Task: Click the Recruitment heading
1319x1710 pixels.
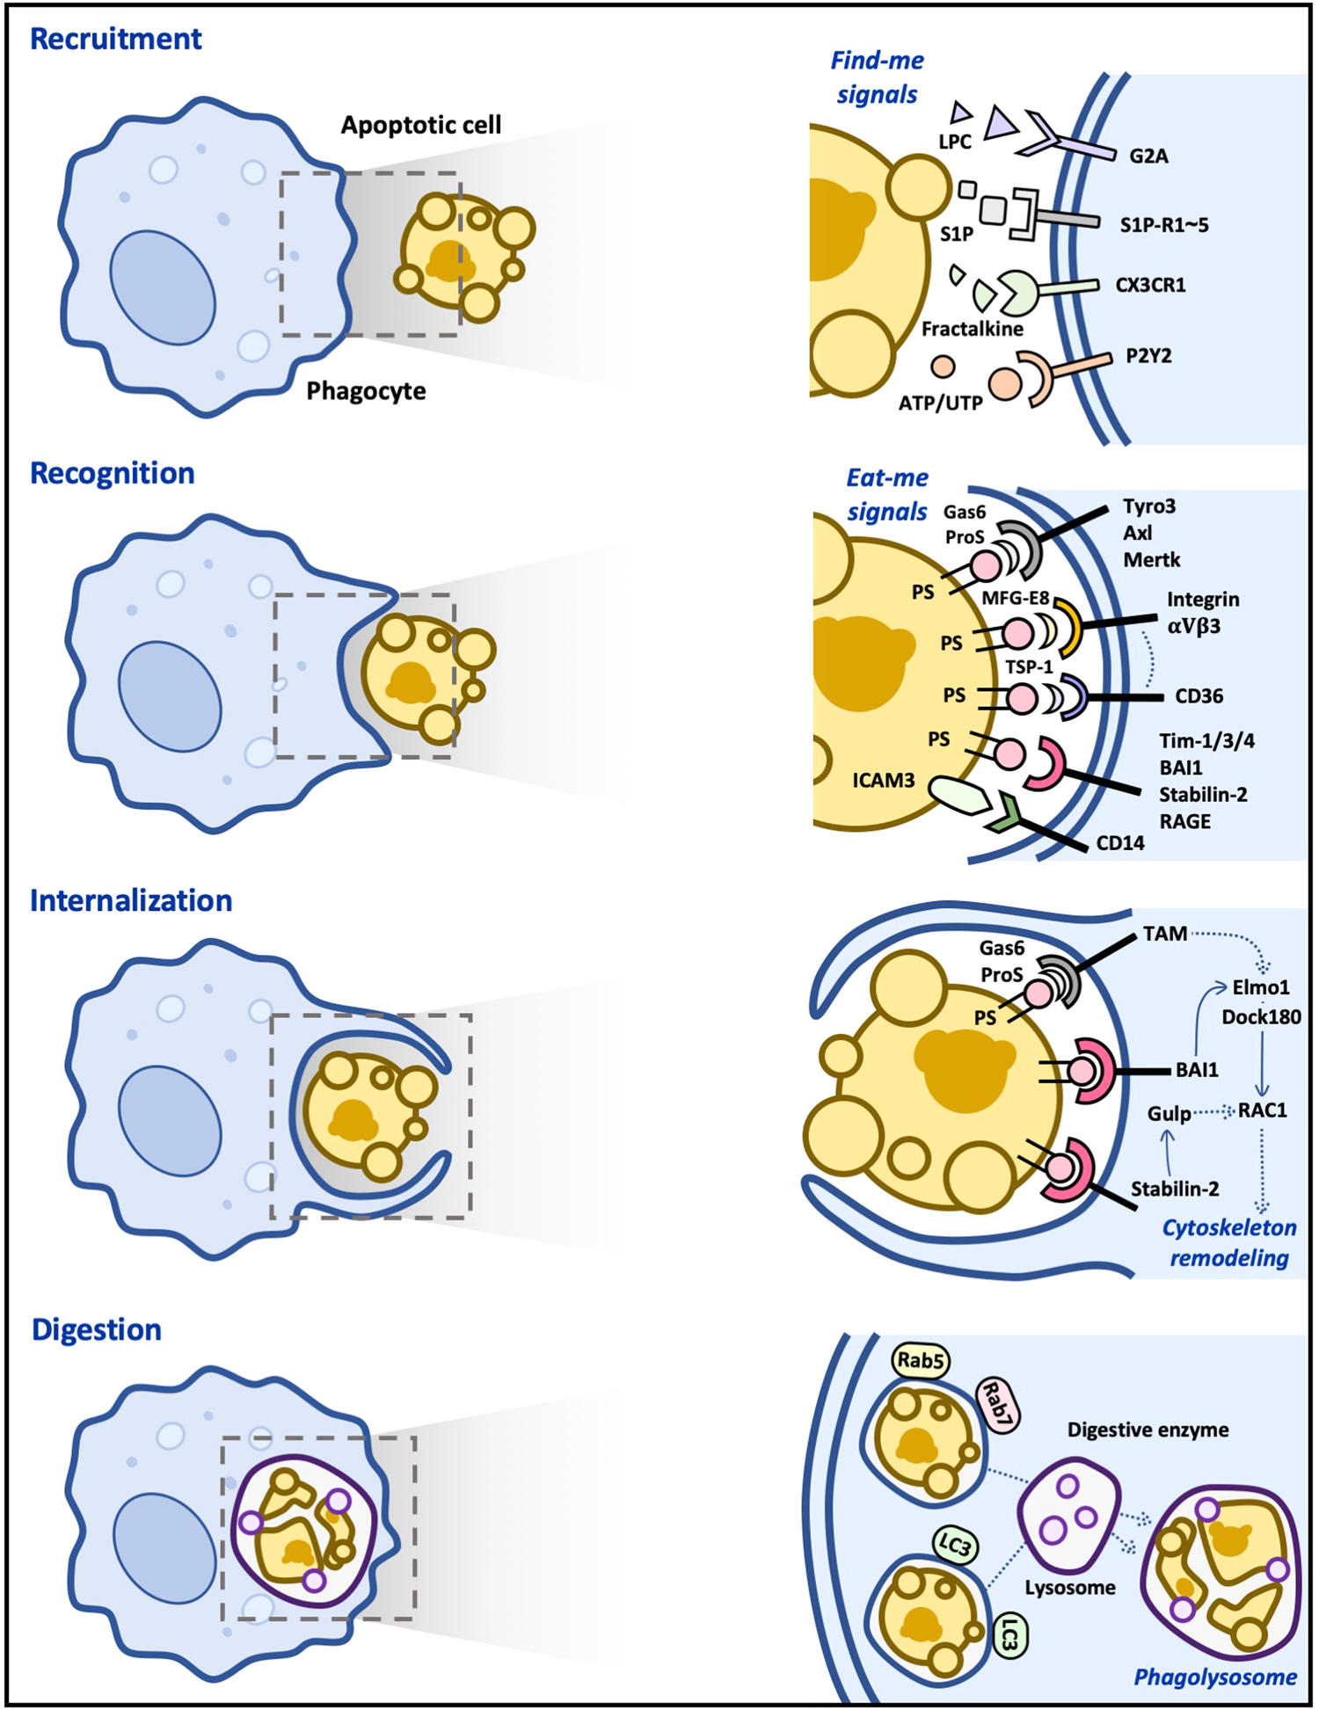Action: click(116, 39)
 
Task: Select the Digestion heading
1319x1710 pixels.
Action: click(97, 1329)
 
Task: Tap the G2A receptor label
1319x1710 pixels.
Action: click(1148, 156)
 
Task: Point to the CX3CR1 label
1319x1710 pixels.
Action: click(1150, 285)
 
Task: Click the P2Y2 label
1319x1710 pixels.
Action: click(1148, 356)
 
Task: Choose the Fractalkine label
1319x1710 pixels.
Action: click(973, 329)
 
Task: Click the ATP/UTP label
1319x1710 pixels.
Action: click(940, 404)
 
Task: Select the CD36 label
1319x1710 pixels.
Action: click(1199, 696)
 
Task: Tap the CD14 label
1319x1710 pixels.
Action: click(1120, 843)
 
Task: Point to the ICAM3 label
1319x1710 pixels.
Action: click(884, 780)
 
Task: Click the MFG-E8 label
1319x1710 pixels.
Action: click(1016, 598)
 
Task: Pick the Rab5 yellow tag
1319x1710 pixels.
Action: click(921, 1361)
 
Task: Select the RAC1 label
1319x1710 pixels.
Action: click(1263, 1110)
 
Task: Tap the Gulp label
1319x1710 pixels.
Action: click(1170, 1114)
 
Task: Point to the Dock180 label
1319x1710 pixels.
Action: click(1262, 1017)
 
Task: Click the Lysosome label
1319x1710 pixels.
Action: click(1070, 1588)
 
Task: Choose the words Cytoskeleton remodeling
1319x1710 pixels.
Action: click(1229, 1242)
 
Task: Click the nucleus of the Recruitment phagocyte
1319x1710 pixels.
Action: click(163, 287)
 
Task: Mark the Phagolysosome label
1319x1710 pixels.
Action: click(1215, 1677)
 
